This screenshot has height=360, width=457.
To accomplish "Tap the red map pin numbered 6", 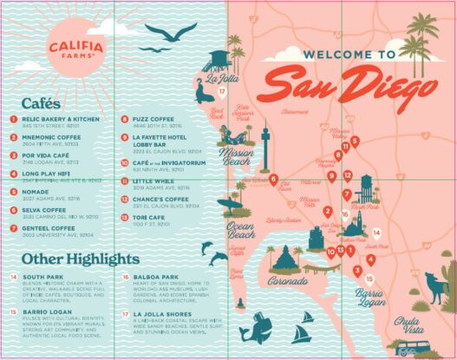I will click(x=273, y=180).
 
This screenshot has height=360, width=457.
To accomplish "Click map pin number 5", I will click(x=355, y=141).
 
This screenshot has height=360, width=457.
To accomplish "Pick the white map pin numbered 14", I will click(x=376, y=232).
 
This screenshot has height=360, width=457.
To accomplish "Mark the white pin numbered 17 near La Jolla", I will click(x=222, y=90).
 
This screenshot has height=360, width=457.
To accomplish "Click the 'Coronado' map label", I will click(x=286, y=281).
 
